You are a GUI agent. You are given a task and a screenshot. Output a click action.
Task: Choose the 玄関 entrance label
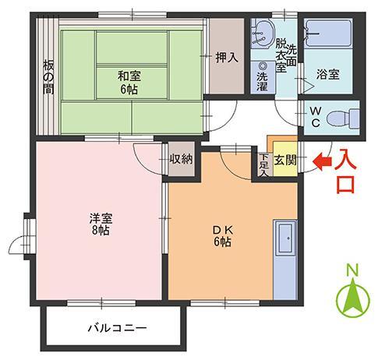(x=284, y=161)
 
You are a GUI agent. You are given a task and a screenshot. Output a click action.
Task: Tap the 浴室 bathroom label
(x=327, y=75)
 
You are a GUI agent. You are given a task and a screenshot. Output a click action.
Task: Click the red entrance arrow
(x=320, y=162)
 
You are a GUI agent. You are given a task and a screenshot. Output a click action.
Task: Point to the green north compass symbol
(x=352, y=295)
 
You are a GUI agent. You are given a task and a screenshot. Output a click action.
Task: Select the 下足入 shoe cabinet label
(x=263, y=166)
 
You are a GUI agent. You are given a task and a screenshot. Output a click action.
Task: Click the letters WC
(x=316, y=118)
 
